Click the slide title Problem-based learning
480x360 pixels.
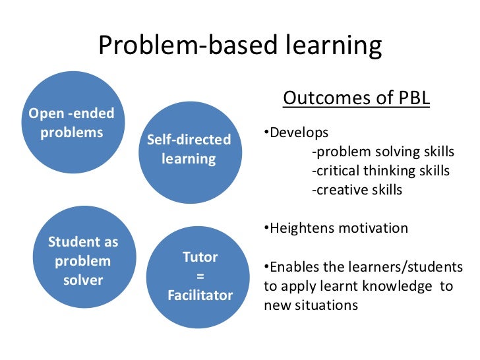click(240, 45)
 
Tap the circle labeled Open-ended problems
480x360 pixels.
click(71, 122)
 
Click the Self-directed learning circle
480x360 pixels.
click(189, 150)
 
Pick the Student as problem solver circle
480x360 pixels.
click(83, 260)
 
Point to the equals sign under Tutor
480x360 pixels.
click(200, 276)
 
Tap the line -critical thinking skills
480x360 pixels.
click(380, 171)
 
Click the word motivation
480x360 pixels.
click(373, 229)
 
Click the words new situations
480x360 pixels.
click(311, 305)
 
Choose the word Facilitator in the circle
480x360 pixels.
click(200, 295)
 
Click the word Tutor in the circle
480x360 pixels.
click(200, 256)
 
